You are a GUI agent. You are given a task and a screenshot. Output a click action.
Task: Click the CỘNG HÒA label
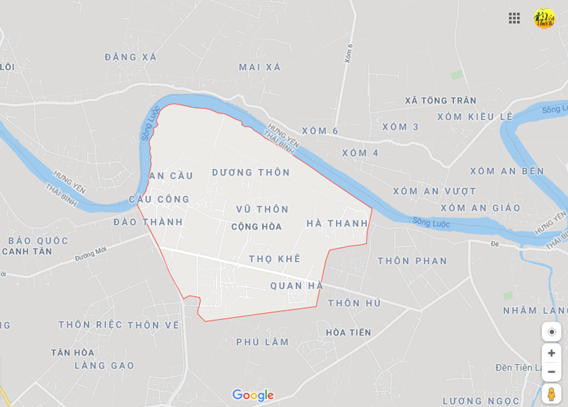click(257, 227)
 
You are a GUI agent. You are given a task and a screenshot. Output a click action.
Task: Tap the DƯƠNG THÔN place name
click(251, 173)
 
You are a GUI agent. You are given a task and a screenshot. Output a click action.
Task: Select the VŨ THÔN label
click(262, 209)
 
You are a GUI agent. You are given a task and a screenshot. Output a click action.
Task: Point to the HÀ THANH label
click(337, 223)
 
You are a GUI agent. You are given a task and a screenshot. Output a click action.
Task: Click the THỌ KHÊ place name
click(274, 259)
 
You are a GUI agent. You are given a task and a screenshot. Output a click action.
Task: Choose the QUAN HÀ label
click(297, 286)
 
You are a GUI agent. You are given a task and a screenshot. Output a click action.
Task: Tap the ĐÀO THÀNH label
click(148, 222)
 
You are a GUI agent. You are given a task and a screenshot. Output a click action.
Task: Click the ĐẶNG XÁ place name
click(130, 57)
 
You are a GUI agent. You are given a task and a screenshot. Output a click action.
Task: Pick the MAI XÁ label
click(259, 67)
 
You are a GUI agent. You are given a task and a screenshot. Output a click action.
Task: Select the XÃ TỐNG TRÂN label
click(440, 100)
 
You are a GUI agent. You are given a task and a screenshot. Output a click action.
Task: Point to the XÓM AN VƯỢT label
click(434, 191)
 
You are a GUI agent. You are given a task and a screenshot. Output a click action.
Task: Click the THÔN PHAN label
click(412, 261)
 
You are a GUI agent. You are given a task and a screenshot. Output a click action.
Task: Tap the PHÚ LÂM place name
click(262, 342)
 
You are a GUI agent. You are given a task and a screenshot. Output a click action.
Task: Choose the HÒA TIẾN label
click(349, 333)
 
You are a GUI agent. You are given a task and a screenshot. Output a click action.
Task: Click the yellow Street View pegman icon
click(551, 394)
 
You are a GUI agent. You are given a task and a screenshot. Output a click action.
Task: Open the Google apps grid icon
click(514, 18)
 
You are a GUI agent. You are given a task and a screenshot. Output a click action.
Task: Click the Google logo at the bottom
click(252, 395)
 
